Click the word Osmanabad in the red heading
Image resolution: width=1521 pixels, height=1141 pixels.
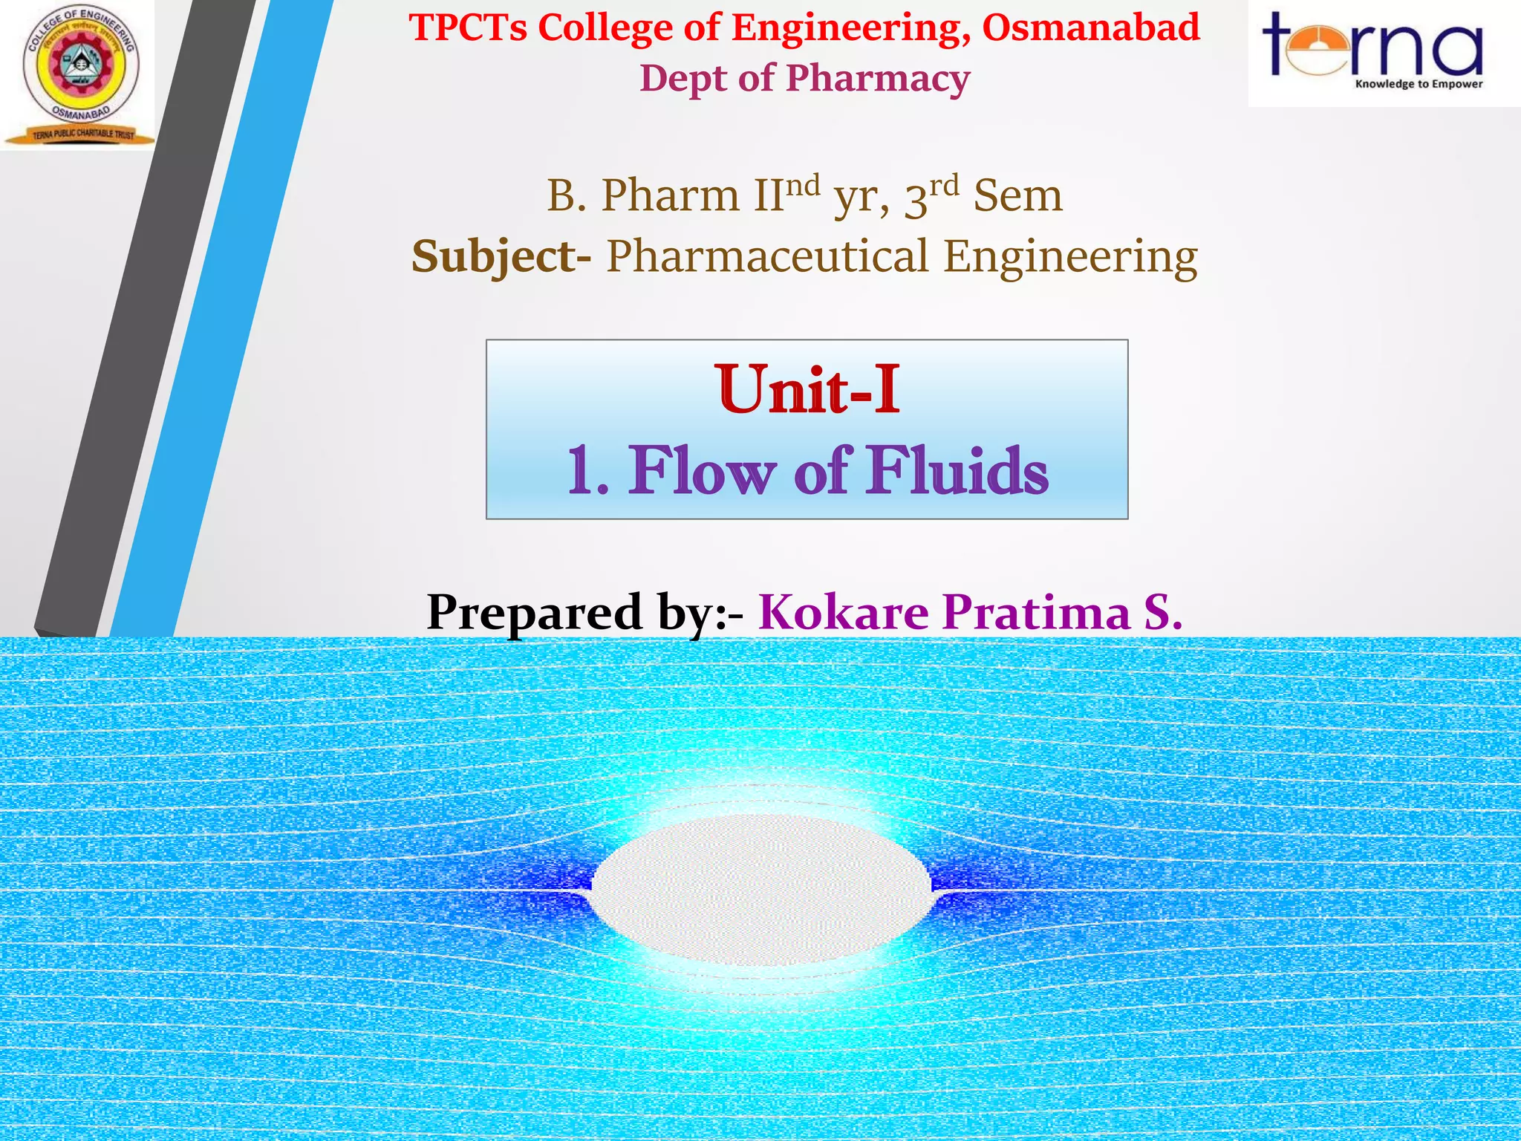point(1091,28)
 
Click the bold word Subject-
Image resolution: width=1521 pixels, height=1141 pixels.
point(501,257)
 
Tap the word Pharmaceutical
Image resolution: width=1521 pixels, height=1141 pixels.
point(767,257)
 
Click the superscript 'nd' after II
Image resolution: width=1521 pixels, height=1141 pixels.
point(802,184)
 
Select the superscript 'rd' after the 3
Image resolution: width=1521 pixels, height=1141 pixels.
point(943,184)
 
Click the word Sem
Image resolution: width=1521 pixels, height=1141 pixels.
point(1017,196)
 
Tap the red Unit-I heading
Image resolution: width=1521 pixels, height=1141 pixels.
point(808,389)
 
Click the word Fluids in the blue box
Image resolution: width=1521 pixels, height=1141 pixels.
point(958,471)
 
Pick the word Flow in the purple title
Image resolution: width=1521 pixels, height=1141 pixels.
point(703,471)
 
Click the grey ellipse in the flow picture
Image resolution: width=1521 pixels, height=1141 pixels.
point(761,889)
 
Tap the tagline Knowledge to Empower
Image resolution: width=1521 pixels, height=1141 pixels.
point(1419,84)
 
